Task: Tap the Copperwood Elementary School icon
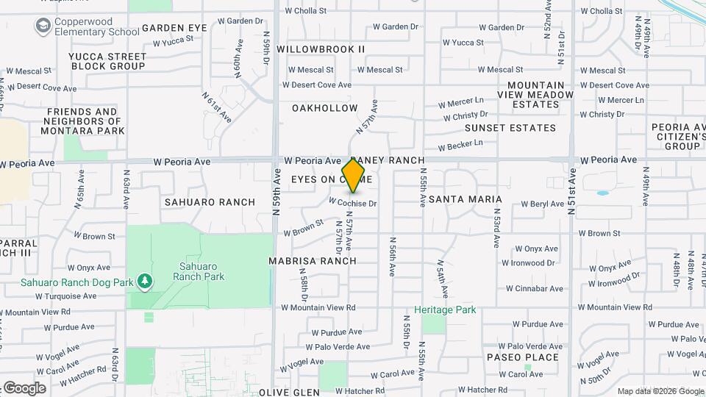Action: tap(43, 26)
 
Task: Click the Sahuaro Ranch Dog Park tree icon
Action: tap(145, 281)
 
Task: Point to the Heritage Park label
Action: tap(445, 310)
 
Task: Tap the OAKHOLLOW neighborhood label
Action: tap(324, 108)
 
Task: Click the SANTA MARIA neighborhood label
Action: tap(465, 199)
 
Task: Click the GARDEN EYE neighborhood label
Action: tap(174, 28)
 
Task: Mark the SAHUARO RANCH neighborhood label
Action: tap(210, 202)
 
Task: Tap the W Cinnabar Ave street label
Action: tap(533, 289)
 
